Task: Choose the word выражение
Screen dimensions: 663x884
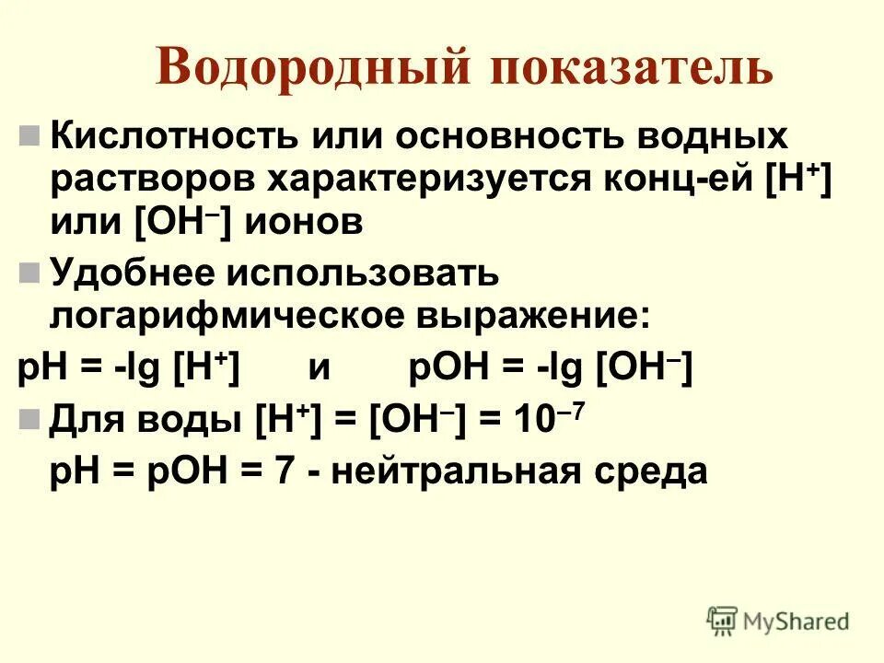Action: click(x=534, y=316)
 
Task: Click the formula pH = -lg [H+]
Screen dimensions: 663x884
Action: click(x=130, y=368)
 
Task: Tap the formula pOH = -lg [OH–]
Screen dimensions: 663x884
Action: click(x=550, y=368)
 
